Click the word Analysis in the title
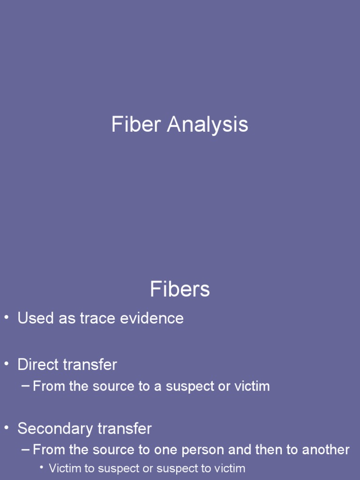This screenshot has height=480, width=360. click(208, 125)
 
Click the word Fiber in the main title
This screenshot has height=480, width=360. click(136, 125)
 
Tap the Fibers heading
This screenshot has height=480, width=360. click(180, 289)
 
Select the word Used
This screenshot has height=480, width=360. click(35, 318)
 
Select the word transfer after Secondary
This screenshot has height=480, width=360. click(125, 428)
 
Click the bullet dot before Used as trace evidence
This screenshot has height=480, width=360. click(7, 318)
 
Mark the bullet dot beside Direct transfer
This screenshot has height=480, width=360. click(7, 364)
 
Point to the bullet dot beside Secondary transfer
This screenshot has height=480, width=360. click(7, 428)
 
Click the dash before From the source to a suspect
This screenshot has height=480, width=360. click(26, 386)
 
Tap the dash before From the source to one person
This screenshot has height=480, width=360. click(26, 450)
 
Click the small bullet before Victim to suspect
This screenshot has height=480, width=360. click(42, 467)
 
